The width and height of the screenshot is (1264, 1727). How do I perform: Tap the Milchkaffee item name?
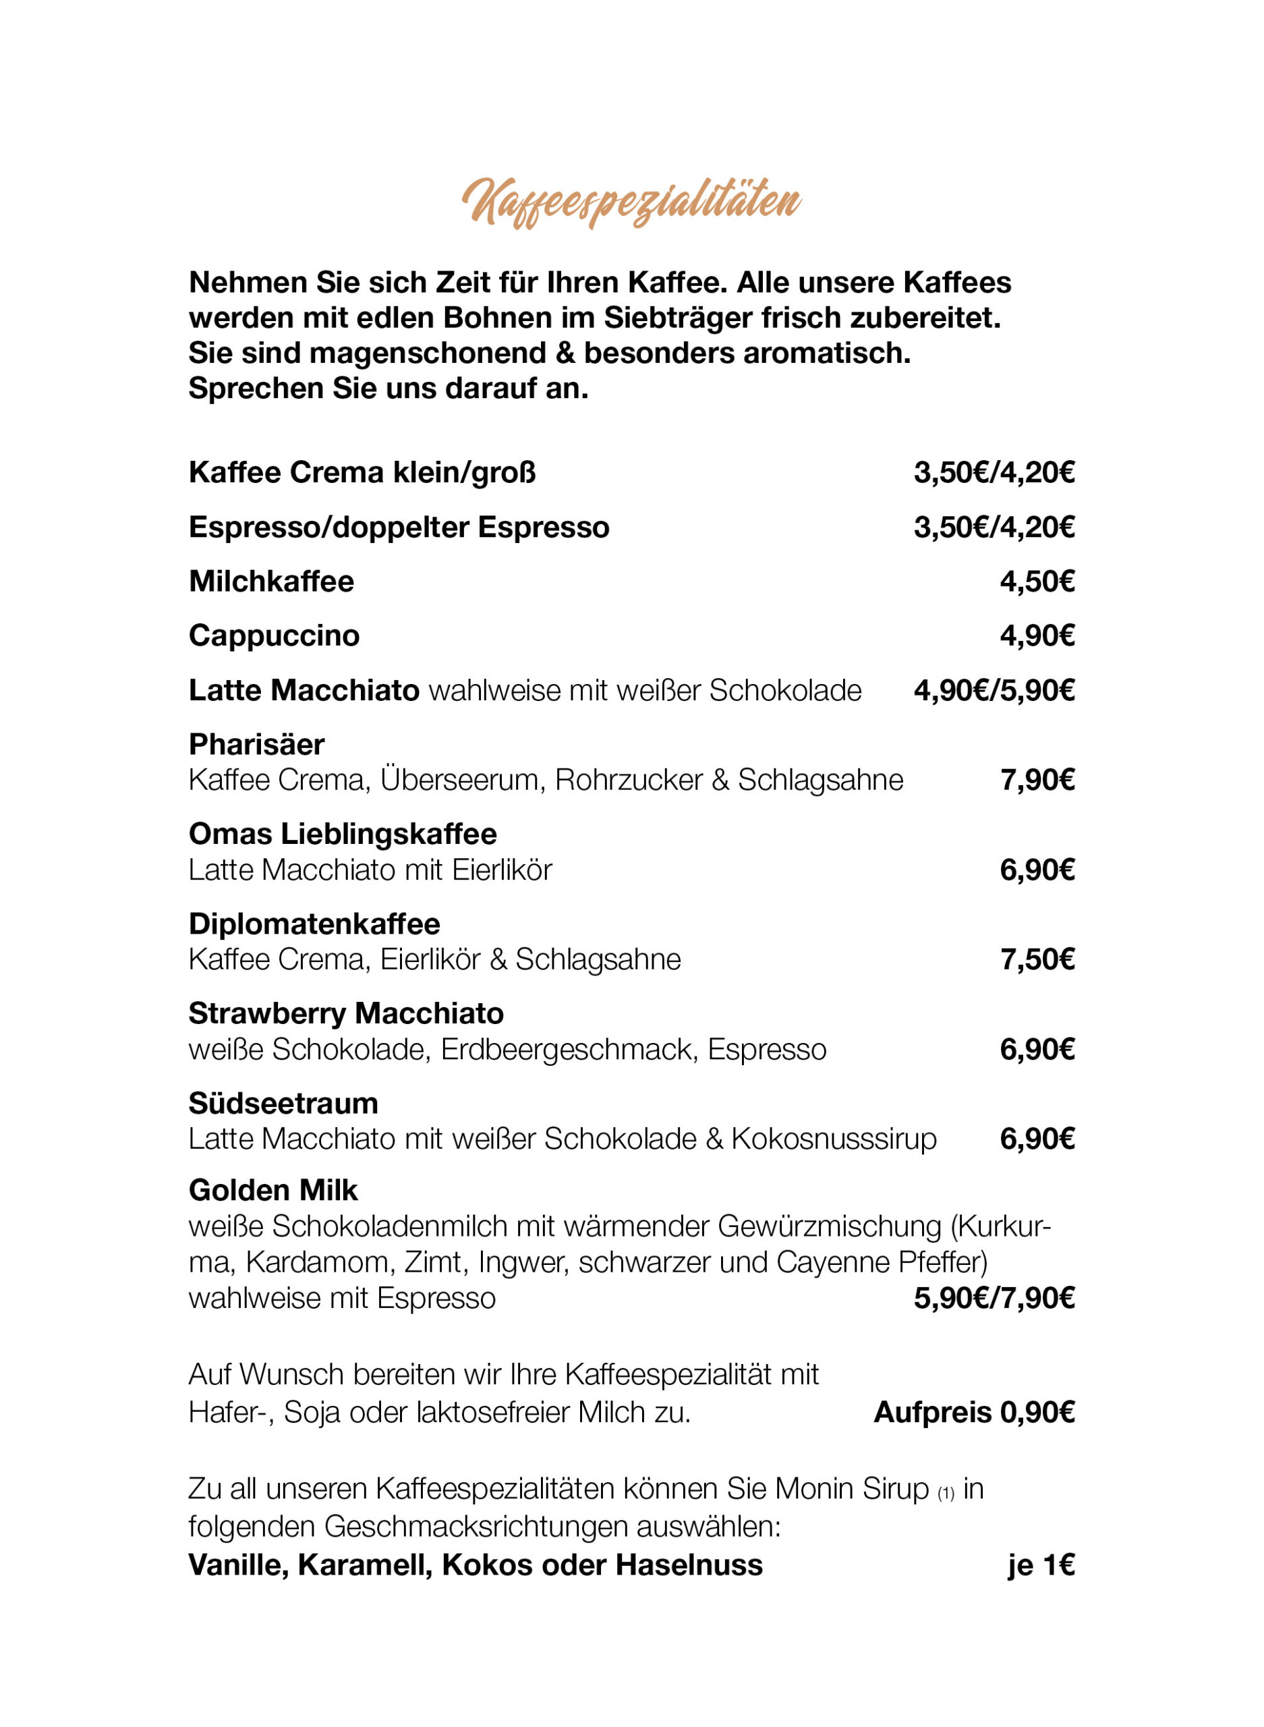coord(271,582)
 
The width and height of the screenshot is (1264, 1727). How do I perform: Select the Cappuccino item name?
coord(274,636)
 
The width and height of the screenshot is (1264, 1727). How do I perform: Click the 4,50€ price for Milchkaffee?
coord(1037,582)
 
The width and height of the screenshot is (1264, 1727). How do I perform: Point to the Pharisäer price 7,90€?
coord(1037,780)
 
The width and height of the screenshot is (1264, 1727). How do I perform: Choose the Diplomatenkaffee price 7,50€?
coord(1037,959)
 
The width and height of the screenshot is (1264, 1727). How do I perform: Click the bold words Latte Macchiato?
coord(304,690)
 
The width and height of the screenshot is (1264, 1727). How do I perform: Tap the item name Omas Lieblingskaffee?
coord(343,834)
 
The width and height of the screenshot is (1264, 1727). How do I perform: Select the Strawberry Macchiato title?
coord(346,1014)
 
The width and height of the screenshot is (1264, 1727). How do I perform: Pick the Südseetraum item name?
coord(283,1104)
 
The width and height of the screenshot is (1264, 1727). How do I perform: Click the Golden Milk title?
coord(273,1191)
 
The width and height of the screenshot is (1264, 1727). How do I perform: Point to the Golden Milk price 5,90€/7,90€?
coord(994,1299)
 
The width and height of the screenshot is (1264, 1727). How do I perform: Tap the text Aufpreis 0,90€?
coord(974,1413)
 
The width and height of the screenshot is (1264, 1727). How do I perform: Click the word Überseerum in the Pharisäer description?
coord(462,780)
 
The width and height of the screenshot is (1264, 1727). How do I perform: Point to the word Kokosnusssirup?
coord(834,1139)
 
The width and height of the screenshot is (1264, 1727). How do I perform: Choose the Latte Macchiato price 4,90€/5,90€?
coord(994,690)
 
